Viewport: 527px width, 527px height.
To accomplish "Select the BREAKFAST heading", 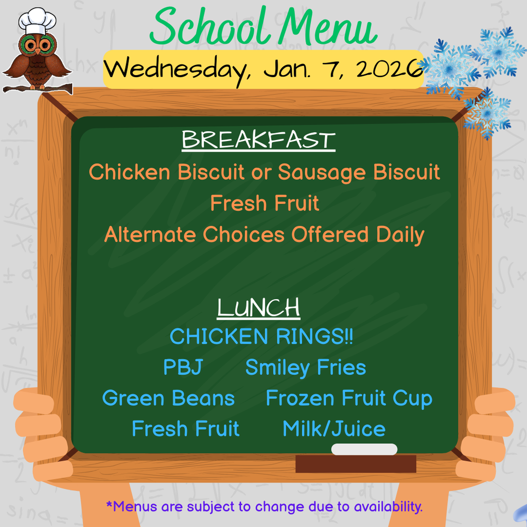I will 258,140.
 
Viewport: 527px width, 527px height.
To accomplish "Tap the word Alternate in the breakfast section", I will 150,235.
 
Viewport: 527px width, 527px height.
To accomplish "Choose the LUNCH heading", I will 258,308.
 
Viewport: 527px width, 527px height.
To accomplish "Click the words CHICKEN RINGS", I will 261,337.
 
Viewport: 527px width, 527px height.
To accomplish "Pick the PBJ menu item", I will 183,367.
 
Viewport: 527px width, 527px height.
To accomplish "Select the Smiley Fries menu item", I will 305,367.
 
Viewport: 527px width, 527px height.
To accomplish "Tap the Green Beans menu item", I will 168,398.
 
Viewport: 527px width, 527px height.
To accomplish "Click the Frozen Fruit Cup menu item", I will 349,398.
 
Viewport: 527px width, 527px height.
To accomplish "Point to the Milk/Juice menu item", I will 334,429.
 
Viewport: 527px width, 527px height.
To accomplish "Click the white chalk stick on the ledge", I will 364,449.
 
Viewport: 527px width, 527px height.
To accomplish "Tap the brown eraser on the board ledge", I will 356,464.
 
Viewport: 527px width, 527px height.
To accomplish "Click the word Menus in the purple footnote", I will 132,506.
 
